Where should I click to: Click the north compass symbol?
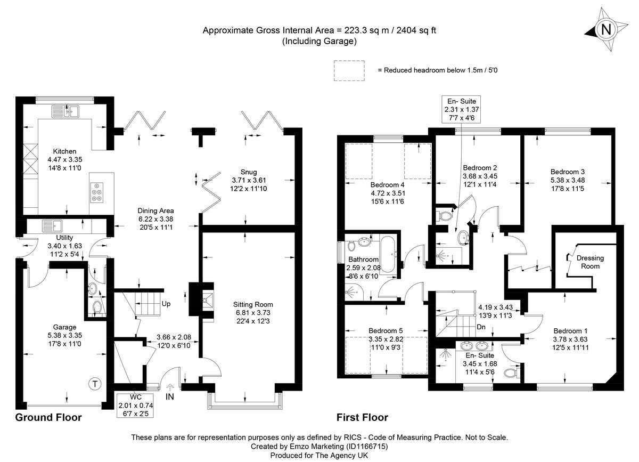[x=605, y=30]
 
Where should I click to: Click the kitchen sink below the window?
[x=65, y=111]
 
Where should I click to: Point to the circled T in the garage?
[x=94, y=384]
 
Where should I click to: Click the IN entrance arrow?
[x=170, y=390]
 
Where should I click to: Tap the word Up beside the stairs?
[x=166, y=304]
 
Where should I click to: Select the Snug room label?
[x=248, y=172]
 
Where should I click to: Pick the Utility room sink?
[x=51, y=225]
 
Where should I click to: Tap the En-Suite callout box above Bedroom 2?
[x=457, y=101]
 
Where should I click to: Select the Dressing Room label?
[x=590, y=258]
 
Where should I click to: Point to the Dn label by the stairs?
[x=481, y=327]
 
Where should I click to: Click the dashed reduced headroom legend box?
[x=349, y=70]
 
